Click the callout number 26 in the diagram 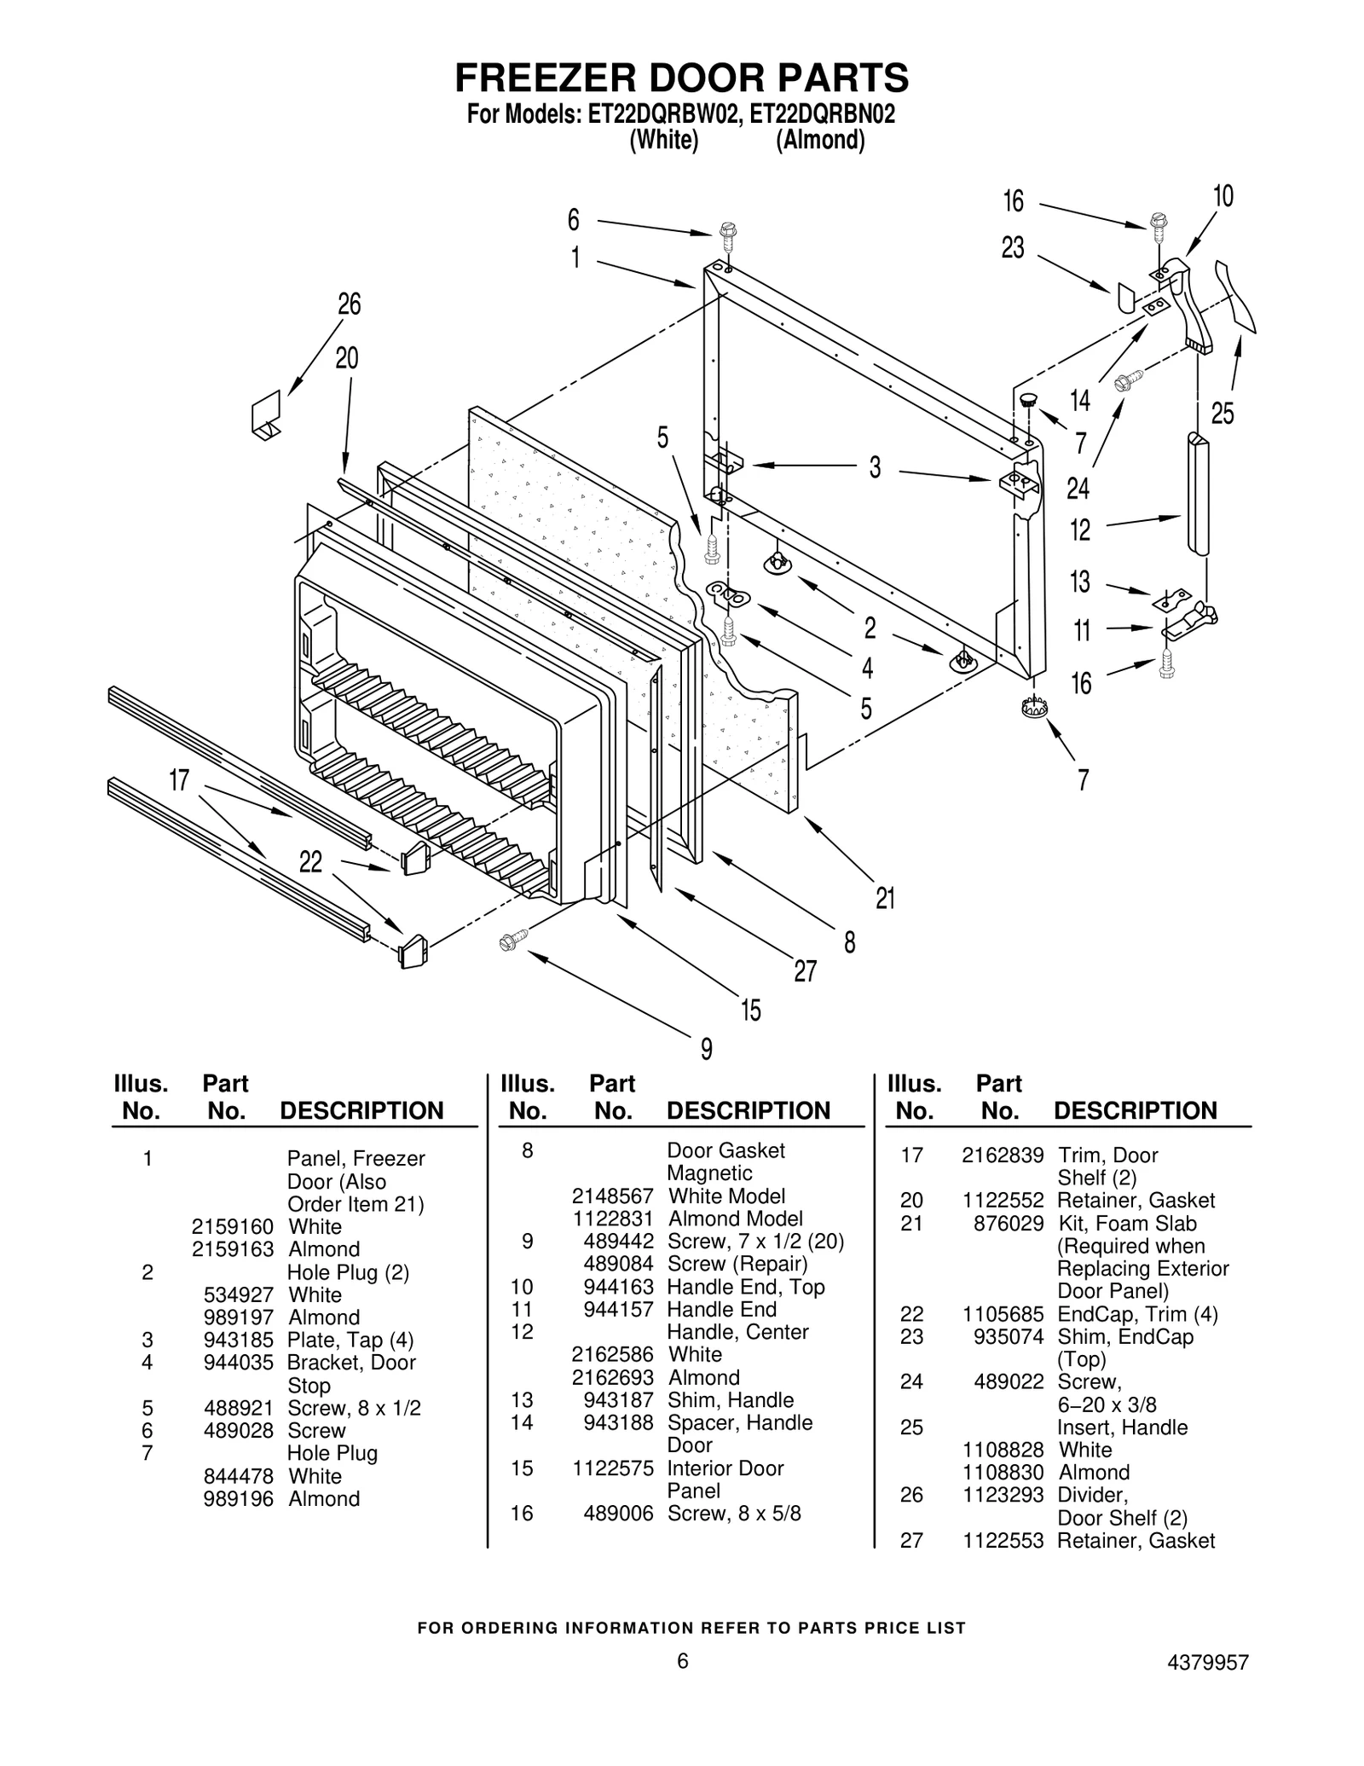click(350, 304)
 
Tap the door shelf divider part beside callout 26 click(267, 414)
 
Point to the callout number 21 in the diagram click(886, 898)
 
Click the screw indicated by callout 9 click(512, 940)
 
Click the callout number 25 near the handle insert click(1222, 414)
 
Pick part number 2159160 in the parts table click(232, 1226)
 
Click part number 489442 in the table click(618, 1241)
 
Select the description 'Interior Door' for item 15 click(725, 1468)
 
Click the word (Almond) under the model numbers click(820, 141)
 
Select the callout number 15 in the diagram click(750, 1010)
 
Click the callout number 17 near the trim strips click(179, 780)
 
